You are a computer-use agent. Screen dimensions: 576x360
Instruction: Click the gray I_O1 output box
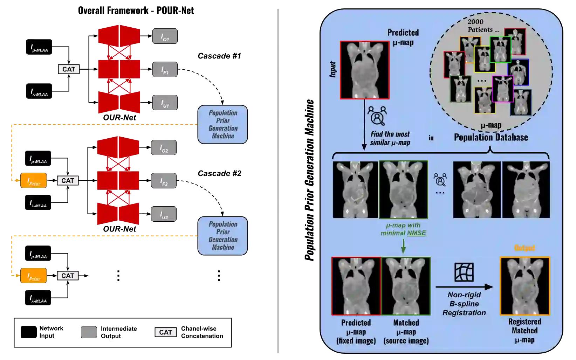(x=165, y=36)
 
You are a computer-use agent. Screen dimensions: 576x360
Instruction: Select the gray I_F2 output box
(x=164, y=181)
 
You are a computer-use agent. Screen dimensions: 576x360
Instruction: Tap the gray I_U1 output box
(x=165, y=103)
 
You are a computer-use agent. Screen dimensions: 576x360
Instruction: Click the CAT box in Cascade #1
(x=69, y=69)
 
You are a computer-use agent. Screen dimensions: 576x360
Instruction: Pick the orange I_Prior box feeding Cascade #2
(x=34, y=180)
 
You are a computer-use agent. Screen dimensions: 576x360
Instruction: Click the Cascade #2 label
(x=219, y=173)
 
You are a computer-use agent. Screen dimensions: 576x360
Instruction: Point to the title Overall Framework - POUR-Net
(x=136, y=11)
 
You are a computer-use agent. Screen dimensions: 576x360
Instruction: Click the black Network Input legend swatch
(x=28, y=332)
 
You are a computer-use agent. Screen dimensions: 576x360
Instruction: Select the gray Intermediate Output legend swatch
(x=89, y=332)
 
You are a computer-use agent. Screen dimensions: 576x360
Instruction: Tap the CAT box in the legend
(x=166, y=332)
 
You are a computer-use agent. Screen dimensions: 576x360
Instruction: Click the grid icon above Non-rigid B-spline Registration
(x=464, y=272)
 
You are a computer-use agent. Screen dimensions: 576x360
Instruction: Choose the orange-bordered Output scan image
(x=525, y=286)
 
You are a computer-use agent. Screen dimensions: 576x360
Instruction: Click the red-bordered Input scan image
(x=365, y=70)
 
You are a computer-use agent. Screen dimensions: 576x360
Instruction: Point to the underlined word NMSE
(x=417, y=233)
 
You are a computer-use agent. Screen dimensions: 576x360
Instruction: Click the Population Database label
(x=491, y=137)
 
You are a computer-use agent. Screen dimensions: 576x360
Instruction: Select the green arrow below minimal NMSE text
(x=403, y=246)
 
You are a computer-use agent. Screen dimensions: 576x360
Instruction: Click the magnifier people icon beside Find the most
(x=377, y=116)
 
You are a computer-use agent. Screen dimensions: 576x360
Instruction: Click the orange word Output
(x=524, y=248)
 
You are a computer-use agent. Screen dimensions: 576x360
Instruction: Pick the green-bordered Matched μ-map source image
(x=406, y=286)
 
